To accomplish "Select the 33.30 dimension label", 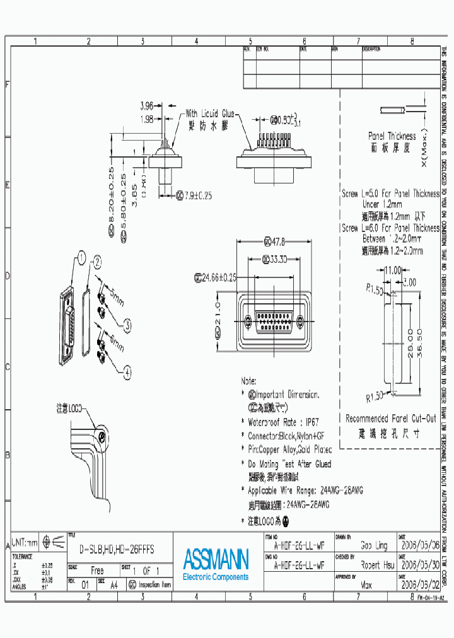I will pyautogui.click(x=274, y=259).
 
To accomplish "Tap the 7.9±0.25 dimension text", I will pyautogui.click(x=194, y=196).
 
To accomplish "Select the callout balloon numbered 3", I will pyautogui.click(x=127, y=325).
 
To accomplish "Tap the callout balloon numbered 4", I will pyautogui.click(x=127, y=373).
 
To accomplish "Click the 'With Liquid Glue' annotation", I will pyautogui.click(x=209, y=114).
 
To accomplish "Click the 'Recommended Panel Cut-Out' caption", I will pyautogui.click(x=390, y=419).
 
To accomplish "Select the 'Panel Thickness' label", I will pyautogui.click(x=392, y=136).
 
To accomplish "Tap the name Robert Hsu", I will pyautogui.click(x=377, y=565).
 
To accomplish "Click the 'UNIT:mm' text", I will pyautogui.click(x=23, y=542).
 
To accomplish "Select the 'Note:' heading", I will pyautogui.click(x=248, y=381).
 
